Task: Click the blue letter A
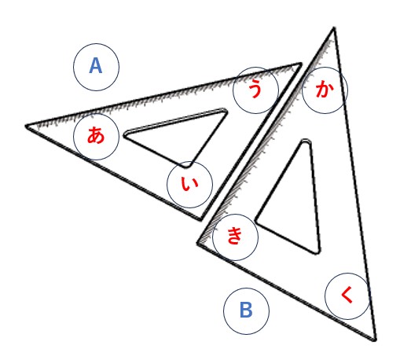pos(96,66)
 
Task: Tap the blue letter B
pos(246,310)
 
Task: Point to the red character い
pos(189,184)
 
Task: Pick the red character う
pos(255,89)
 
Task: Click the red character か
pos(325,89)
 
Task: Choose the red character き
pos(235,235)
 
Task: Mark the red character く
pos(347,295)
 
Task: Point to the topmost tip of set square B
pos(334,28)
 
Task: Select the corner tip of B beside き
pos(198,244)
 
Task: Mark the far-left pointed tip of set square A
pos(26,126)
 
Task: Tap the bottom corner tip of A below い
pos(200,220)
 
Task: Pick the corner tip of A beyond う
pos(300,64)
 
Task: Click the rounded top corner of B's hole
pos(306,141)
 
